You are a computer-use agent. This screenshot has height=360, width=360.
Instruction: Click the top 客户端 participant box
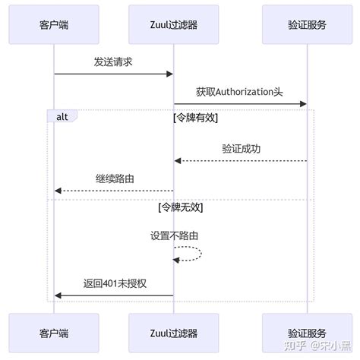click(x=54, y=24)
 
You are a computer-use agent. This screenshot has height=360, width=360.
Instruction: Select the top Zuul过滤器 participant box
click(x=173, y=24)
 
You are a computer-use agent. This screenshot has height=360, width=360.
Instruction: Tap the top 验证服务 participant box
click(x=307, y=24)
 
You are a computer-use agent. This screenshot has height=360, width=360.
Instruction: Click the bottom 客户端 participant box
click(x=54, y=332)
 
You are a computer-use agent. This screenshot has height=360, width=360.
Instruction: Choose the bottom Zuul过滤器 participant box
click(x=173, y=332)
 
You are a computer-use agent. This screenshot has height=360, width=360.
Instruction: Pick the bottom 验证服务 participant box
click(x=307, y=332)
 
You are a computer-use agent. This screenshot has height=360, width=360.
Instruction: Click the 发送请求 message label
click(x=113, y=62)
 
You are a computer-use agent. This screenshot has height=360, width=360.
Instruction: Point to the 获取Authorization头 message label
click(x=239, y=92)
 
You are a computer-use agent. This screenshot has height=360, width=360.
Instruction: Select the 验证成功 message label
click(x=241, y=149)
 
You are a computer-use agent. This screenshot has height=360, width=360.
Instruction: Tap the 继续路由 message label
click(x=114, y=178)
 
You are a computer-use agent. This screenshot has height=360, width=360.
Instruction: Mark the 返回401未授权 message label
click(x=114, y=283)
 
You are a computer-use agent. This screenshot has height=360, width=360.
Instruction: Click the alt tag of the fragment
click(x=61, y=116)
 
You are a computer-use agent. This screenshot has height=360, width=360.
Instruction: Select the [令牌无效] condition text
click(x=180, y=207)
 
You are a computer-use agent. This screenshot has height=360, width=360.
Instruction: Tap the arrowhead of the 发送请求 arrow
click(x=170, y=74)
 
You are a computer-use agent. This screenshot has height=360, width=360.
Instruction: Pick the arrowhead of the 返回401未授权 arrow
click(x=58, y=295)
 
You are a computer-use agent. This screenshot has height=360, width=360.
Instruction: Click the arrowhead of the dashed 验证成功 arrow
click(x=177, y=160)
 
